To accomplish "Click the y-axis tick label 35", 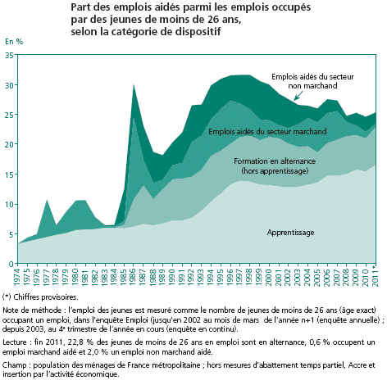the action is coord(9,55).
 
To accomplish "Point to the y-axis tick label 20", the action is coord(9,144).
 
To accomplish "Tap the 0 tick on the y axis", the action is coord(11,264).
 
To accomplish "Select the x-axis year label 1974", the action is coord(17,278).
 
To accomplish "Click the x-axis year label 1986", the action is coord(133,278).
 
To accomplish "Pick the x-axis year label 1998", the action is coord(248,278).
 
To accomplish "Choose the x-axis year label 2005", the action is coord(317,278).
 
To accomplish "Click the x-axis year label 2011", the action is coord(375,278).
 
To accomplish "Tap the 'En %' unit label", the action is coord(14,42).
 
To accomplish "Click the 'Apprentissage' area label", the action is coord(290,233).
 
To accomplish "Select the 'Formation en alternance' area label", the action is coord(275,161).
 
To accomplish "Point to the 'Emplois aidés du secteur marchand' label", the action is coord(267,132).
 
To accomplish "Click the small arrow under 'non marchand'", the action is coord(298,96).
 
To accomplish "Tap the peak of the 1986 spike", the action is coord(134,84).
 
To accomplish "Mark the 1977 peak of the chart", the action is coord(47,200).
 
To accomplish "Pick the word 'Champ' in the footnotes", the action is coord(15,365).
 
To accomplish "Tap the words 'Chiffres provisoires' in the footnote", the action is coord(46,297).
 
